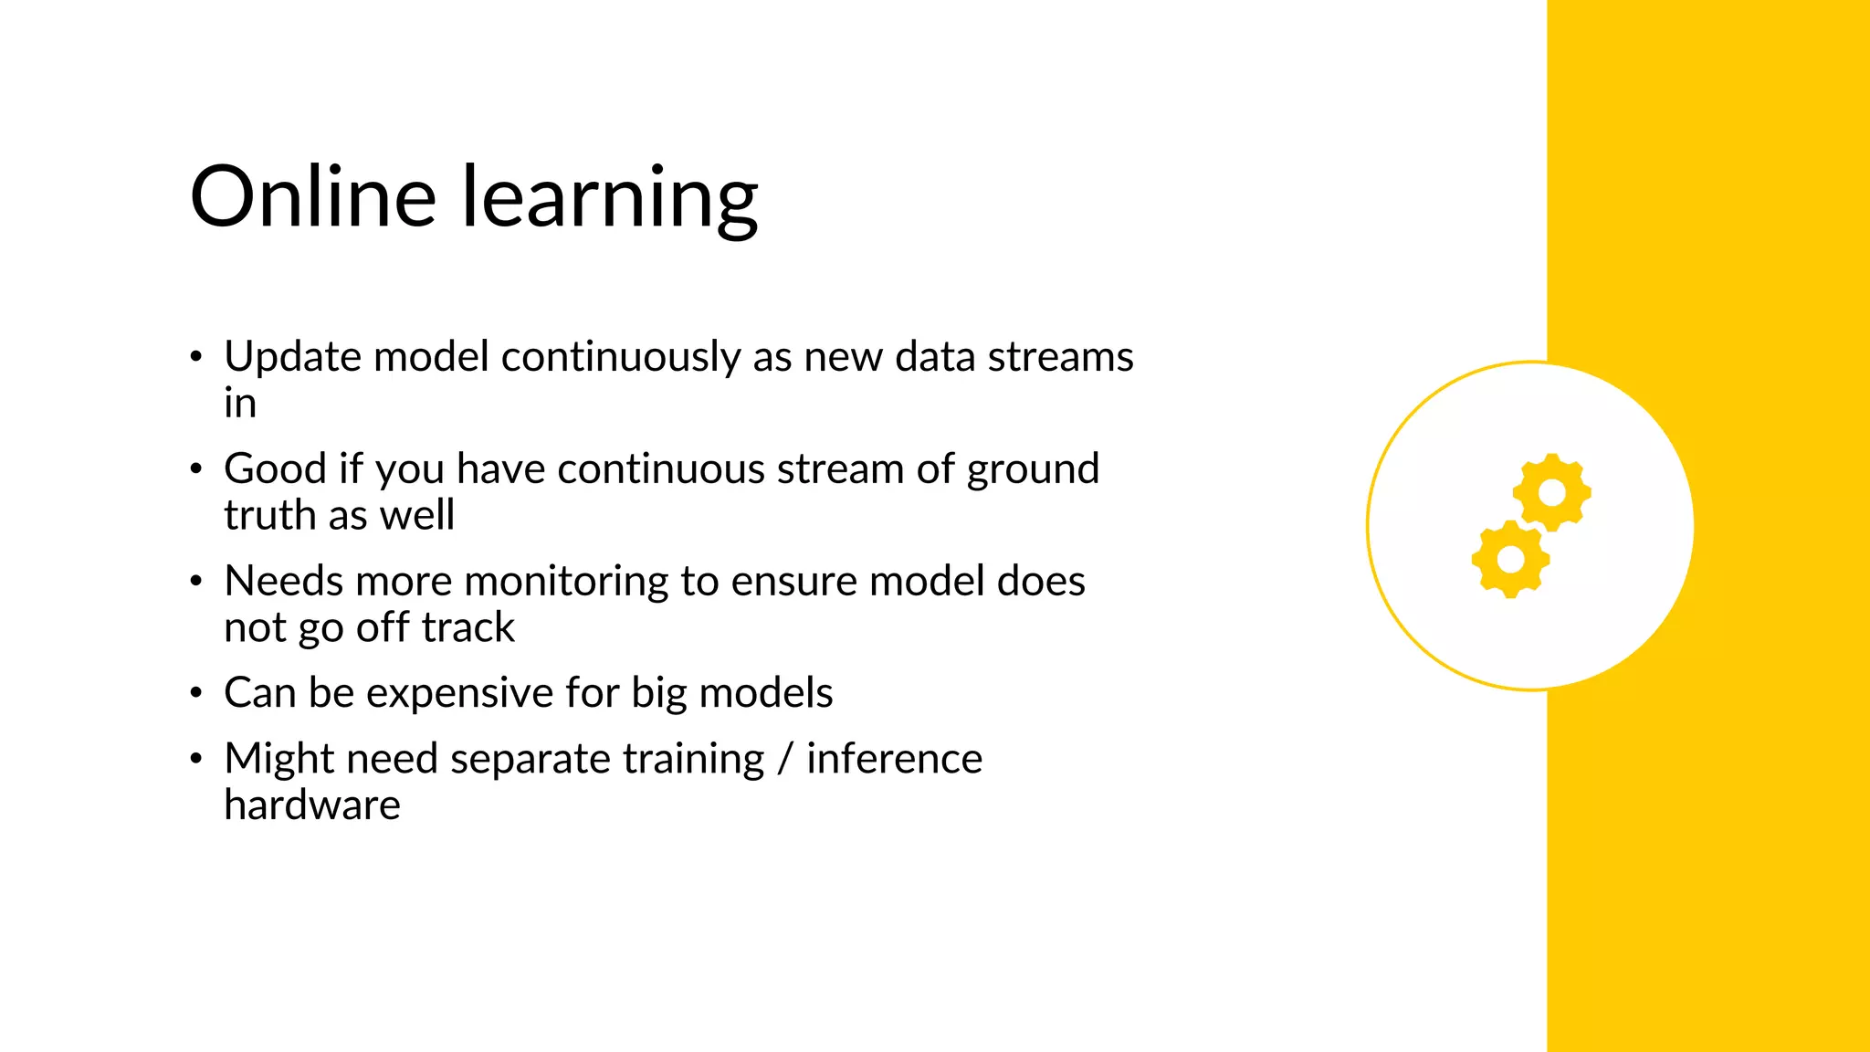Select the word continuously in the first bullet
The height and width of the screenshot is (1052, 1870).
[621, 357]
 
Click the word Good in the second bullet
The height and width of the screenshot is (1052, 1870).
[275, 469]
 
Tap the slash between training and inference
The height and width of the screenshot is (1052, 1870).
[784, 760]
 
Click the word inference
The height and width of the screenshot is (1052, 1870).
[894, 760]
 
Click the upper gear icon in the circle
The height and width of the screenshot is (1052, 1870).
[1551, 492]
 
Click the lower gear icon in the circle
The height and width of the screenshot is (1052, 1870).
[1510, 559]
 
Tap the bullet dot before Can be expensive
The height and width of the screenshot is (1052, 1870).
[195, 693]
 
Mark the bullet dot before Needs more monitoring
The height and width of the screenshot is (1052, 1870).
[195, 582]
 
